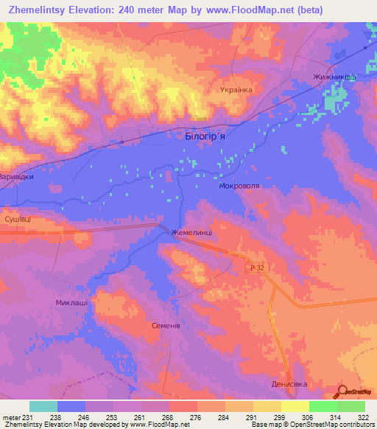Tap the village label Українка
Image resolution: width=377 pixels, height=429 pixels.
[x=236, y=90]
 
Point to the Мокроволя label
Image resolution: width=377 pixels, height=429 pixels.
[x=240, y=187]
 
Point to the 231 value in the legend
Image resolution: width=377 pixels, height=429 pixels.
[x=29, y=416]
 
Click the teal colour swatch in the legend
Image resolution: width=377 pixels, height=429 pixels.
[x=43, y=406]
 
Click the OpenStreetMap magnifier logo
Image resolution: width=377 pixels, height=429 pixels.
[x=343, y=392]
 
